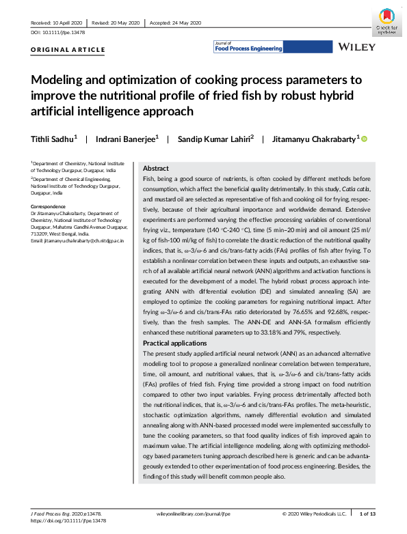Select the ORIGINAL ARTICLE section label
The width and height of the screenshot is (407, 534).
coord(68,50)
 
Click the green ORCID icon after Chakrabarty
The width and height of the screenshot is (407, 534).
coord(365,139)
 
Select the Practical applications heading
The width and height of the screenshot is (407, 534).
coord(176,342)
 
